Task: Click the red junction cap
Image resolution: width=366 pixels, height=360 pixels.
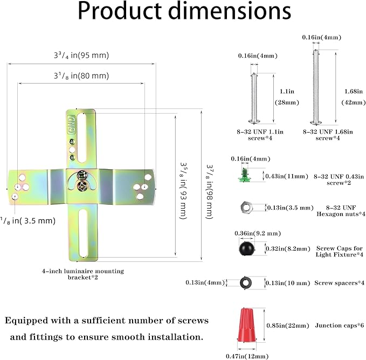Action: (x=247, y=325)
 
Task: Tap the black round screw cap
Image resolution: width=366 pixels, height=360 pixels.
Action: (x=246, y=248)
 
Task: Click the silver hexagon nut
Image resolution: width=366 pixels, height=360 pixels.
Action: (x=246, y=207)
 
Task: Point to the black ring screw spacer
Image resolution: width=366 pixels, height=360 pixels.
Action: (x=246, y=283)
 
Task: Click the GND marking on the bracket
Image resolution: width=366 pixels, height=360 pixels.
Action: (x=72, y=124)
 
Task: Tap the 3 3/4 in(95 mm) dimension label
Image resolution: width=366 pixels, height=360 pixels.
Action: (x=81, y=56)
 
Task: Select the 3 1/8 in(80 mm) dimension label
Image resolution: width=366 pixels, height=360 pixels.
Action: (x=81, y=76)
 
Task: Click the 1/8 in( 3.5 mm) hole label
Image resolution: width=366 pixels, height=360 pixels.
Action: (x=28, y=221)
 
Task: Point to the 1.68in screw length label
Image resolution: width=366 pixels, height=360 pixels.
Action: (x=354, y=97)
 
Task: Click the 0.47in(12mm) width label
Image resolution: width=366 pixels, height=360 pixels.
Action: (x=247, y=356)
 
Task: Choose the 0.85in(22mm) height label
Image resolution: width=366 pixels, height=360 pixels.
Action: (x=288, y=326)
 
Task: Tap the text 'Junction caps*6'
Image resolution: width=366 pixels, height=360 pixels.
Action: (x=340, y=326)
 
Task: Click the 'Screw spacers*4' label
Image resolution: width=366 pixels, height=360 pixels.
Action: (x=340, y=283)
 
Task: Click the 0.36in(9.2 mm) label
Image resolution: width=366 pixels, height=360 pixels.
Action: (x=258, y=233)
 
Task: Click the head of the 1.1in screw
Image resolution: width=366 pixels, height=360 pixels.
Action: (x=254, y=121)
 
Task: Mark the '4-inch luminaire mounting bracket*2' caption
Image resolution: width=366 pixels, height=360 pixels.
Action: (x=83, y=274)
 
